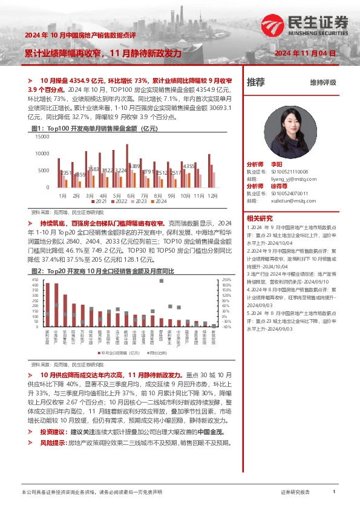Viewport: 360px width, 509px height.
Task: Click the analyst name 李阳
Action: (277, 164)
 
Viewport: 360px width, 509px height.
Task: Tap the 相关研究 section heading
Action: (259, 218)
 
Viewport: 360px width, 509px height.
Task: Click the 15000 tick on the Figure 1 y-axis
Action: (42, 137)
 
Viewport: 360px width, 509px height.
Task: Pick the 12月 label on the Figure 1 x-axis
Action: (213, 196)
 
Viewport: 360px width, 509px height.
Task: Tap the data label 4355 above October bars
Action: (189, 166)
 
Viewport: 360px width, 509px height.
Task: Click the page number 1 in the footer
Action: (334, 492)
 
